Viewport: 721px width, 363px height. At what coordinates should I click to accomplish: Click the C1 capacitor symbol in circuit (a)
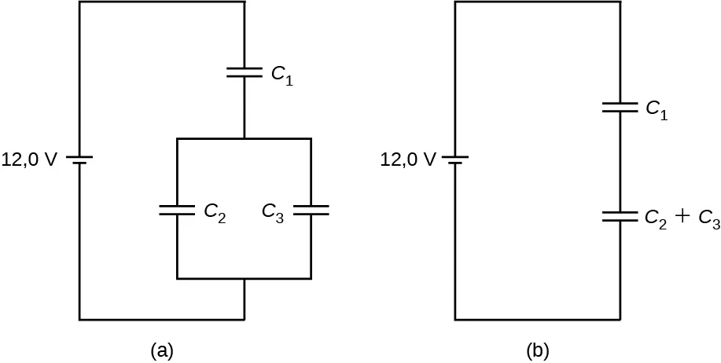tap(245, 72)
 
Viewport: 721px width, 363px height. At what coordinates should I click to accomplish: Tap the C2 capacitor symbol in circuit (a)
tap(177, 210)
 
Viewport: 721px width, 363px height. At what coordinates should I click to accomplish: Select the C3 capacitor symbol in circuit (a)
tap(311, 210)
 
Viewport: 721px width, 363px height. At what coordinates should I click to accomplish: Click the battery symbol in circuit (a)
tap(79, 159)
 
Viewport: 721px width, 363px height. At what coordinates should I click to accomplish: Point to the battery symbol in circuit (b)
tap(455, 159)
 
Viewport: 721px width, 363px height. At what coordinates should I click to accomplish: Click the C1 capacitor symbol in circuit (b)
tap(620, 108)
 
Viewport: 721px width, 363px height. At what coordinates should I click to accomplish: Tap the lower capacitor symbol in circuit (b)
tap(620, 217)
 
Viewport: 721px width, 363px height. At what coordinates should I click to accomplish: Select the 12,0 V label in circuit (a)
tap(29, 160)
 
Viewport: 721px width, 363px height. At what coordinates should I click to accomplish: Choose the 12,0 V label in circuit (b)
tap(407, 160)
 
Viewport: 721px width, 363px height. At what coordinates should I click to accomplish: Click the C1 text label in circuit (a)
tap(282, 75)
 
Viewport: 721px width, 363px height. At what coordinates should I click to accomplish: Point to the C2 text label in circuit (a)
tap(215, 212)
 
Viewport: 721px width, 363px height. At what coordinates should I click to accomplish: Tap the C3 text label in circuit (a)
tap(273, 212)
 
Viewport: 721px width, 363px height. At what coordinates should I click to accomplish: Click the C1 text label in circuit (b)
tap(657, 110)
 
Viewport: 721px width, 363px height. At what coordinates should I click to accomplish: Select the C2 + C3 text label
tap(681, 220)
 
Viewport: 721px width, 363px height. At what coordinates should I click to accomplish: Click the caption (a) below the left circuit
tap(161, 350)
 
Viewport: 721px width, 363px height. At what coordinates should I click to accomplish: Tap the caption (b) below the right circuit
tap(537, 350)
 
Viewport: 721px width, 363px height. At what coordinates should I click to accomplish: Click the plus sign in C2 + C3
tap(682, 218)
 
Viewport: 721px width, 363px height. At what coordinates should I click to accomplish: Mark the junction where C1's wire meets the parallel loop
tap(245, 139)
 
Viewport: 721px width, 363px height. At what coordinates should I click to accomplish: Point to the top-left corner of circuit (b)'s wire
tap(455, 2)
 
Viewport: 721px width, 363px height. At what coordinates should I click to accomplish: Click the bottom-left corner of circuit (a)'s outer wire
tap(79, 320)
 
